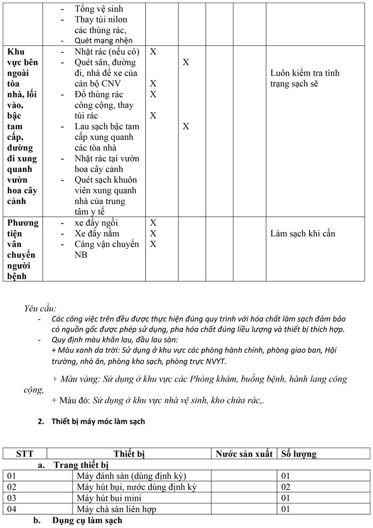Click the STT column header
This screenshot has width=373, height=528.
click(25, 454)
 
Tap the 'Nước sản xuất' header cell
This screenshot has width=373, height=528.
click(244, 454)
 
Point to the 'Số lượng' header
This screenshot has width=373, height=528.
click(298, 454)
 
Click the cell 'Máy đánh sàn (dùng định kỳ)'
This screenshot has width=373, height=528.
click(131, 475)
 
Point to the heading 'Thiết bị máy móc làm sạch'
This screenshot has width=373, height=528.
click(98, 422)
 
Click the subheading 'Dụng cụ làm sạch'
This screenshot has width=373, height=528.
click(87, 520)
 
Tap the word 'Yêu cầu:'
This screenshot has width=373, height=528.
click(40, 308)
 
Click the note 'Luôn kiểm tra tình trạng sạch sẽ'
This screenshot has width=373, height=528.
click(304, 78)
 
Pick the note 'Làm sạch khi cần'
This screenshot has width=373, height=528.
click(303, 233)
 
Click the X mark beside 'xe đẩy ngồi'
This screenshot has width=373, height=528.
click(153, 222)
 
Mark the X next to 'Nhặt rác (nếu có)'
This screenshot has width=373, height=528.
click(153, 52)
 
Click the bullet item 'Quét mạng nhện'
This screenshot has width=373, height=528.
click(103, 40)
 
